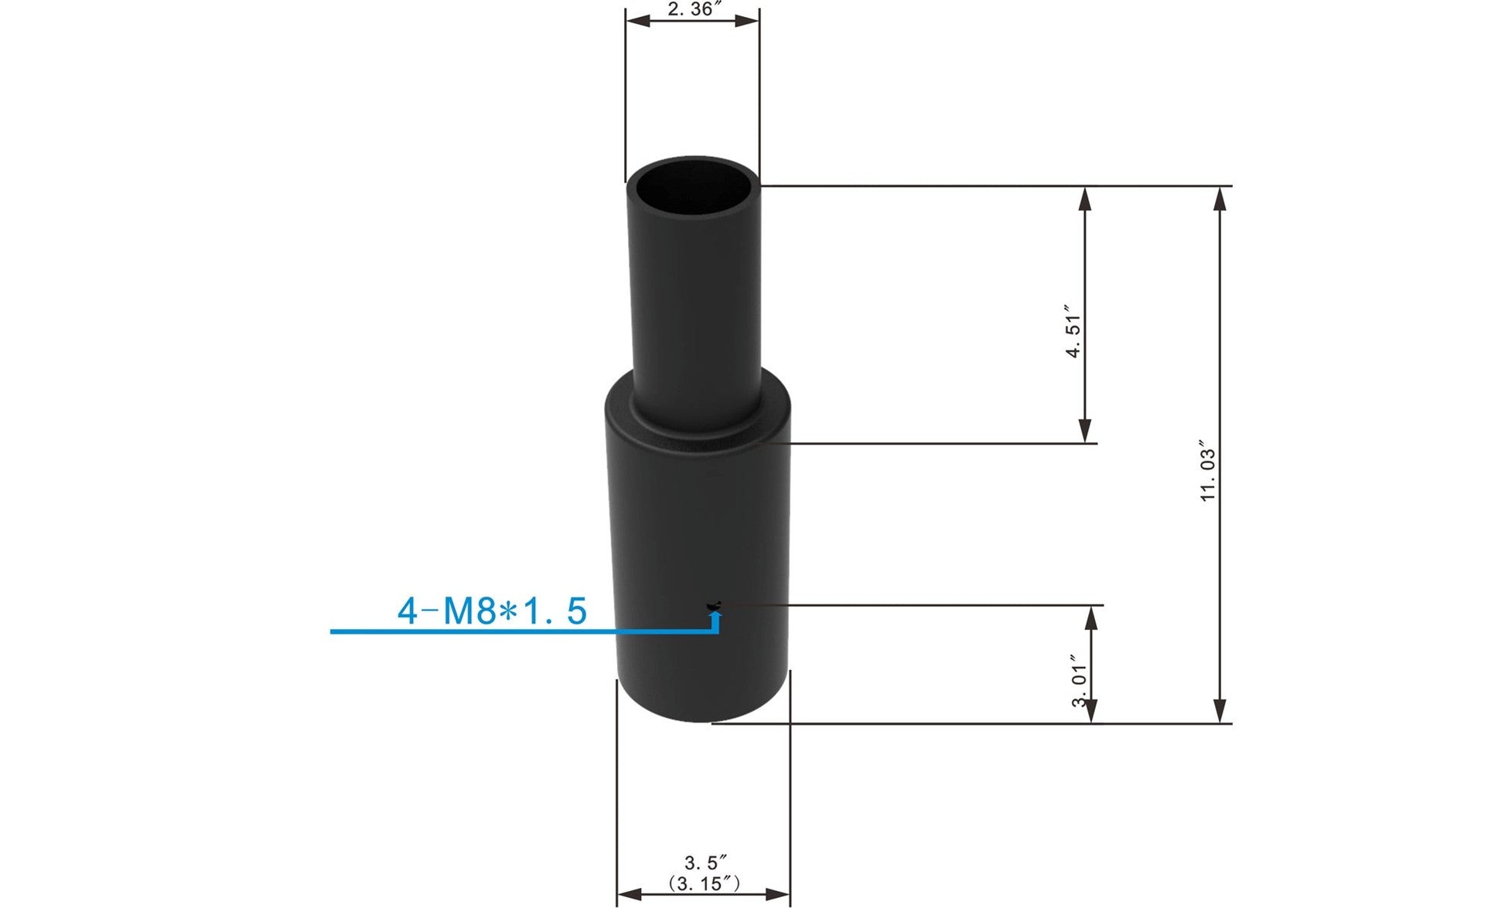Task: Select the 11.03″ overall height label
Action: (1208, 472)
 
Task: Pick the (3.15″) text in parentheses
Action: (704, 882)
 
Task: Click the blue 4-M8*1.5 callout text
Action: (492, 611)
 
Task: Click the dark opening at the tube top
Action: (693, 185)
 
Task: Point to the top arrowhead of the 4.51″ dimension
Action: (1085, 199)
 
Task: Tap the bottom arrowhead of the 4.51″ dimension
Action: (1085, 431)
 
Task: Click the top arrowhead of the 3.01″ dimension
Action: (1091, 617)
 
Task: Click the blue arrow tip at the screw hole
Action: (716, 614)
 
